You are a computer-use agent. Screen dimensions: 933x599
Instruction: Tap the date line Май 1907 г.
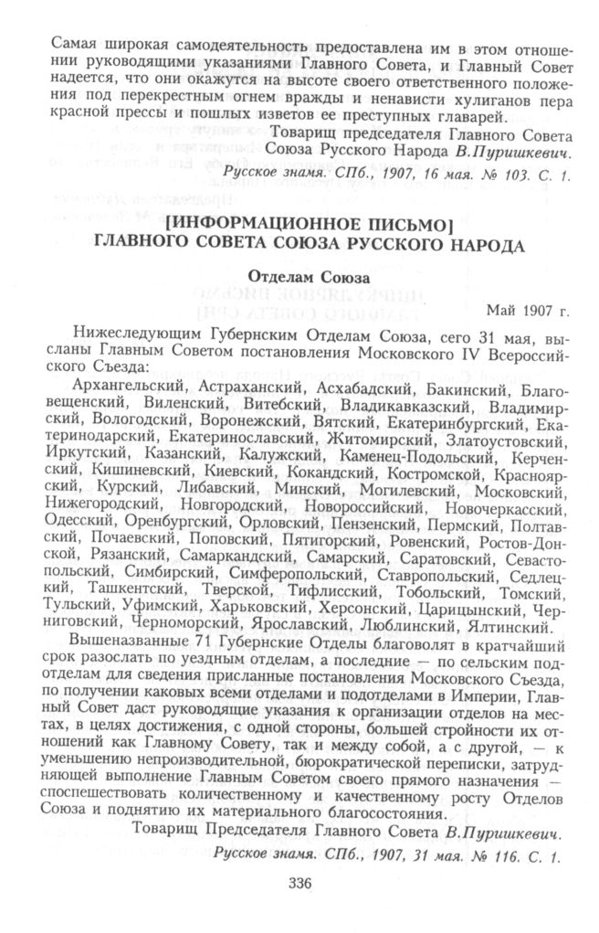click(529, 310)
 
